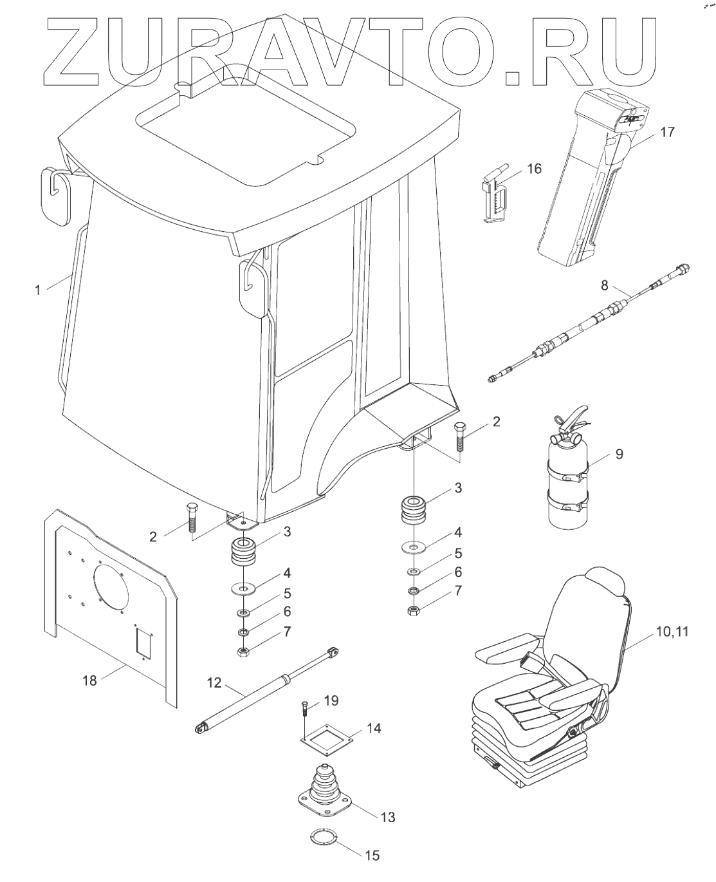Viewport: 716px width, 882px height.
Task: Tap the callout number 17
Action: (667, 133)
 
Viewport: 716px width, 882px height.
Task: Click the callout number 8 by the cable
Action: (604, 285)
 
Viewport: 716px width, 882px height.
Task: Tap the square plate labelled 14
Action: (329, 739)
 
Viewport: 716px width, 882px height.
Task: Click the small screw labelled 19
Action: (304, 709)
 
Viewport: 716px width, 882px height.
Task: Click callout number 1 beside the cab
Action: (38, 290)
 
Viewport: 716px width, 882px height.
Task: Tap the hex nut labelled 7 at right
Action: (414, 610)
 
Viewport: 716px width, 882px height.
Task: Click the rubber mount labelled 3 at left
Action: (244, 553)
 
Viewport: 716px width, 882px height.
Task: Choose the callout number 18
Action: (90, 680)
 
